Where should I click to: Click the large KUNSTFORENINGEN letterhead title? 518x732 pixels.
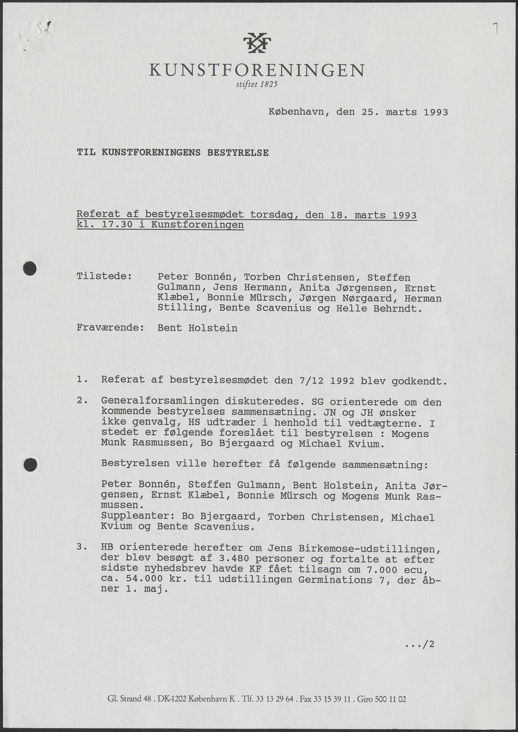[257, 70]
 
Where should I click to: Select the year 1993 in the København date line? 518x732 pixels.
[436, 112]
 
